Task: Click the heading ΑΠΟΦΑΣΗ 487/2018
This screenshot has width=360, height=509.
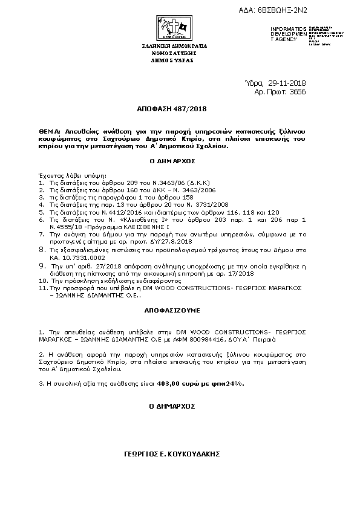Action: pos(180,110)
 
